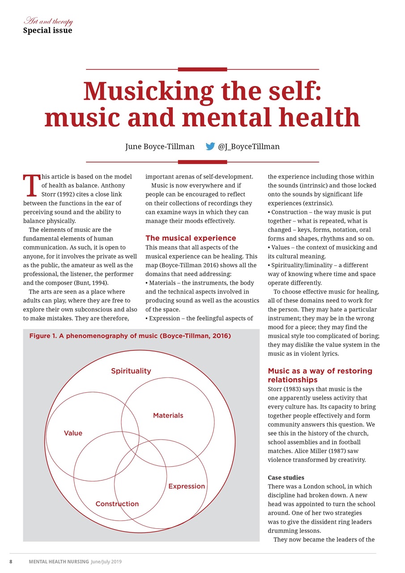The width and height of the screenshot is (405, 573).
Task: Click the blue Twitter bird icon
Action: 210,146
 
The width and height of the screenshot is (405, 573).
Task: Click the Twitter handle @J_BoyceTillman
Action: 248,146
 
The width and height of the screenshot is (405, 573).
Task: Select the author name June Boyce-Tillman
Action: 160,146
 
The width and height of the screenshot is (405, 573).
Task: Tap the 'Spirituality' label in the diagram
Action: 131,371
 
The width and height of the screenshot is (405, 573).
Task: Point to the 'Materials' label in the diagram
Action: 168,415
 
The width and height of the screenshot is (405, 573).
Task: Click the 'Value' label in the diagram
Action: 73,433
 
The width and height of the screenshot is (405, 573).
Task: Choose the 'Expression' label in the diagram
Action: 187,486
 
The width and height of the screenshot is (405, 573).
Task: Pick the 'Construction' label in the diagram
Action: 117,504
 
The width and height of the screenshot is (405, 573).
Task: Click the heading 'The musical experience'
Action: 191,238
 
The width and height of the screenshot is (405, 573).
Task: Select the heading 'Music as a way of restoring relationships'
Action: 320,375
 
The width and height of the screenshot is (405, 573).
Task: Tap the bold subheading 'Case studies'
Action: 286,478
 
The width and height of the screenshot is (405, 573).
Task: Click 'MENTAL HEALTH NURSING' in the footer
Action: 59,562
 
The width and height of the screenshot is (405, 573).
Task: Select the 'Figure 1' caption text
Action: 130,336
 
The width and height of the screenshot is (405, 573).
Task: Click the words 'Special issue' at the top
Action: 47,30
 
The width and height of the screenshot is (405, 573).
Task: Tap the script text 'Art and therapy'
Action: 48,21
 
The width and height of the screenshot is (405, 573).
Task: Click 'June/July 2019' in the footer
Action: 106,562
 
